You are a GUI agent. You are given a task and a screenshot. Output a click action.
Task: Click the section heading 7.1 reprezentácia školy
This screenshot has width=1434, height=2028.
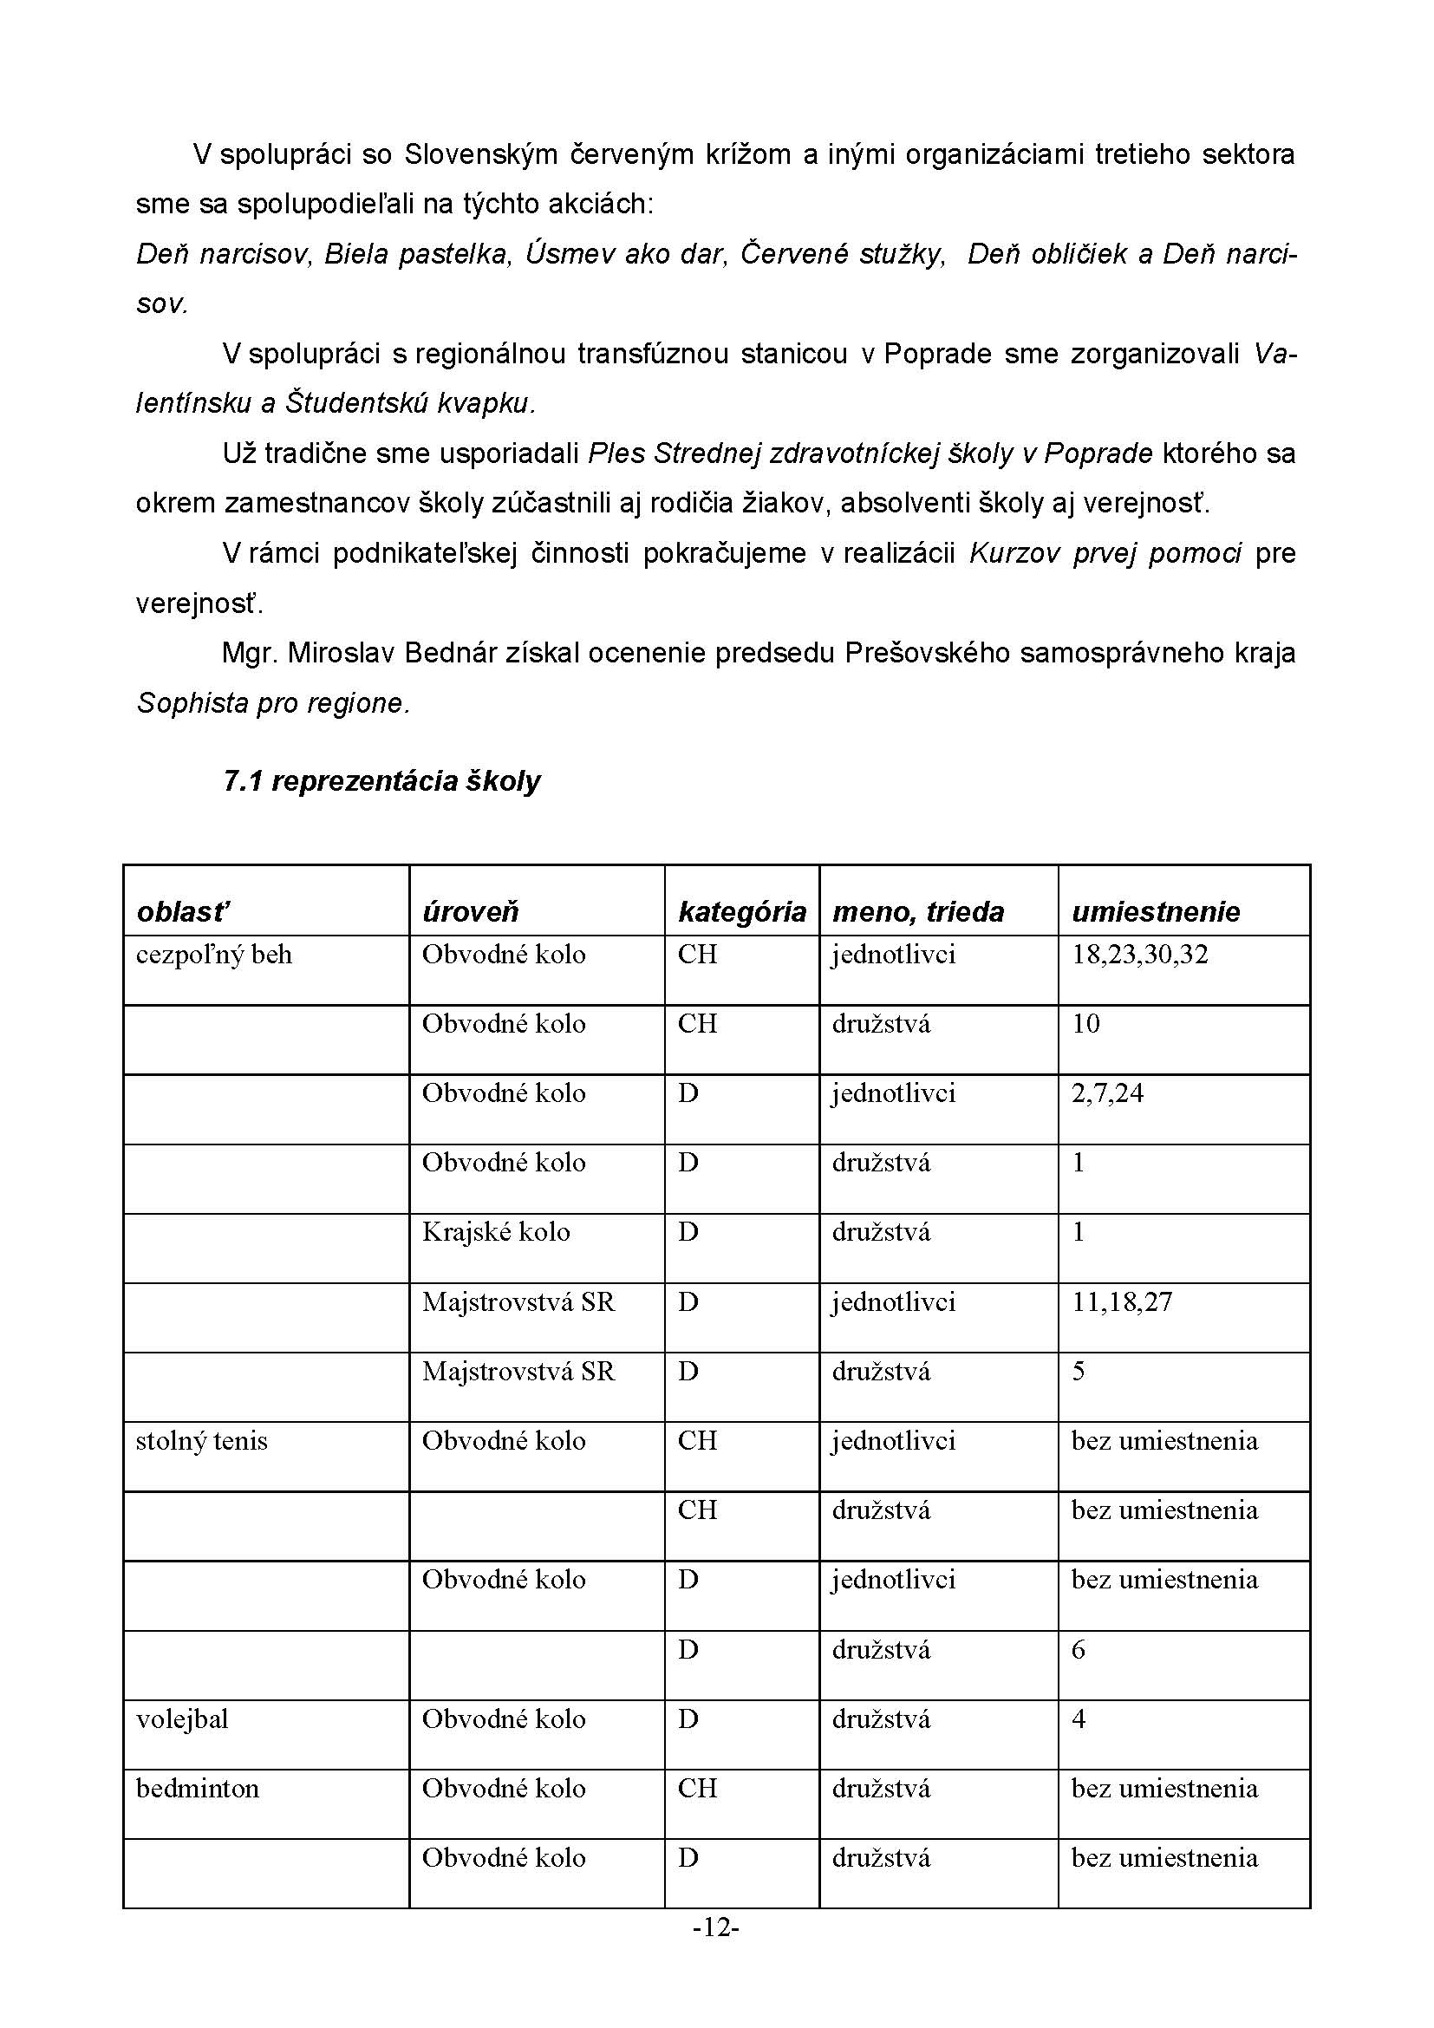(381, 781)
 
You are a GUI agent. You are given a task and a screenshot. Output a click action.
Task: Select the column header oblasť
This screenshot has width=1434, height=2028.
(183, 911)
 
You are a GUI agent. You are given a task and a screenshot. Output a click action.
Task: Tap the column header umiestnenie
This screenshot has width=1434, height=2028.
(1155, 911)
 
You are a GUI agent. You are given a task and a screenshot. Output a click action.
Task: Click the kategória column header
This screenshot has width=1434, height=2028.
(742, 911)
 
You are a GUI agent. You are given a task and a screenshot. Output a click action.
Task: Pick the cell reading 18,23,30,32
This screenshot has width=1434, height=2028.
(1139, 955)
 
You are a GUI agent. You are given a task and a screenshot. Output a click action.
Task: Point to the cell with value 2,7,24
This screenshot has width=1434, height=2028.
(1107, 1093)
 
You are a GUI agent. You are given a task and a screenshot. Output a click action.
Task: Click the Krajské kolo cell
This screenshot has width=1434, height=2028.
(495, 1232)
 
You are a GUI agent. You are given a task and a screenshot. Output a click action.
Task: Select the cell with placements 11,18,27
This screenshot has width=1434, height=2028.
(1121, 1302)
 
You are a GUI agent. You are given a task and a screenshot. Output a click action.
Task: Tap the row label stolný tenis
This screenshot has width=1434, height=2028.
(201, 1441)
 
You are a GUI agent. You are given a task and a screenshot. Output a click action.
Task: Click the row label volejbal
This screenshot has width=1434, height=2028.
(182, 1718)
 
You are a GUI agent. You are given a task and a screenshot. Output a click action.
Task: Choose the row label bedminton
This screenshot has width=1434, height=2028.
(198, 1789)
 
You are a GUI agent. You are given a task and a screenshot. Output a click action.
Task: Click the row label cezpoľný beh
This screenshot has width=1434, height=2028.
(213, 955)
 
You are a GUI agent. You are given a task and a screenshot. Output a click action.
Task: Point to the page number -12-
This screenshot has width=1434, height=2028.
(716, 1927)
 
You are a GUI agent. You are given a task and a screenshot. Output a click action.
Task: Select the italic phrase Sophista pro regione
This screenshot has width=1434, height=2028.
(273, 704)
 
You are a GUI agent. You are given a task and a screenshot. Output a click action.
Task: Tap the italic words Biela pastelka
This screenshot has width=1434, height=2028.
(418, 254)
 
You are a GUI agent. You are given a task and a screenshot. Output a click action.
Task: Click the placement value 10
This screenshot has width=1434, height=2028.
(1085, 1024)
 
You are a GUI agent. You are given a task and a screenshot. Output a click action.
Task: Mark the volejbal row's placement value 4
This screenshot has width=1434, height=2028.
(1079, 1718)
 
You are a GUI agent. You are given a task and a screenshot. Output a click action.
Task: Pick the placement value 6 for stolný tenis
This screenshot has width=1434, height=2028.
(1079, 1650)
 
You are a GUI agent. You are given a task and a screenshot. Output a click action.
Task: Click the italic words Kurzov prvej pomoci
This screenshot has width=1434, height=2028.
(1105, 554)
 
